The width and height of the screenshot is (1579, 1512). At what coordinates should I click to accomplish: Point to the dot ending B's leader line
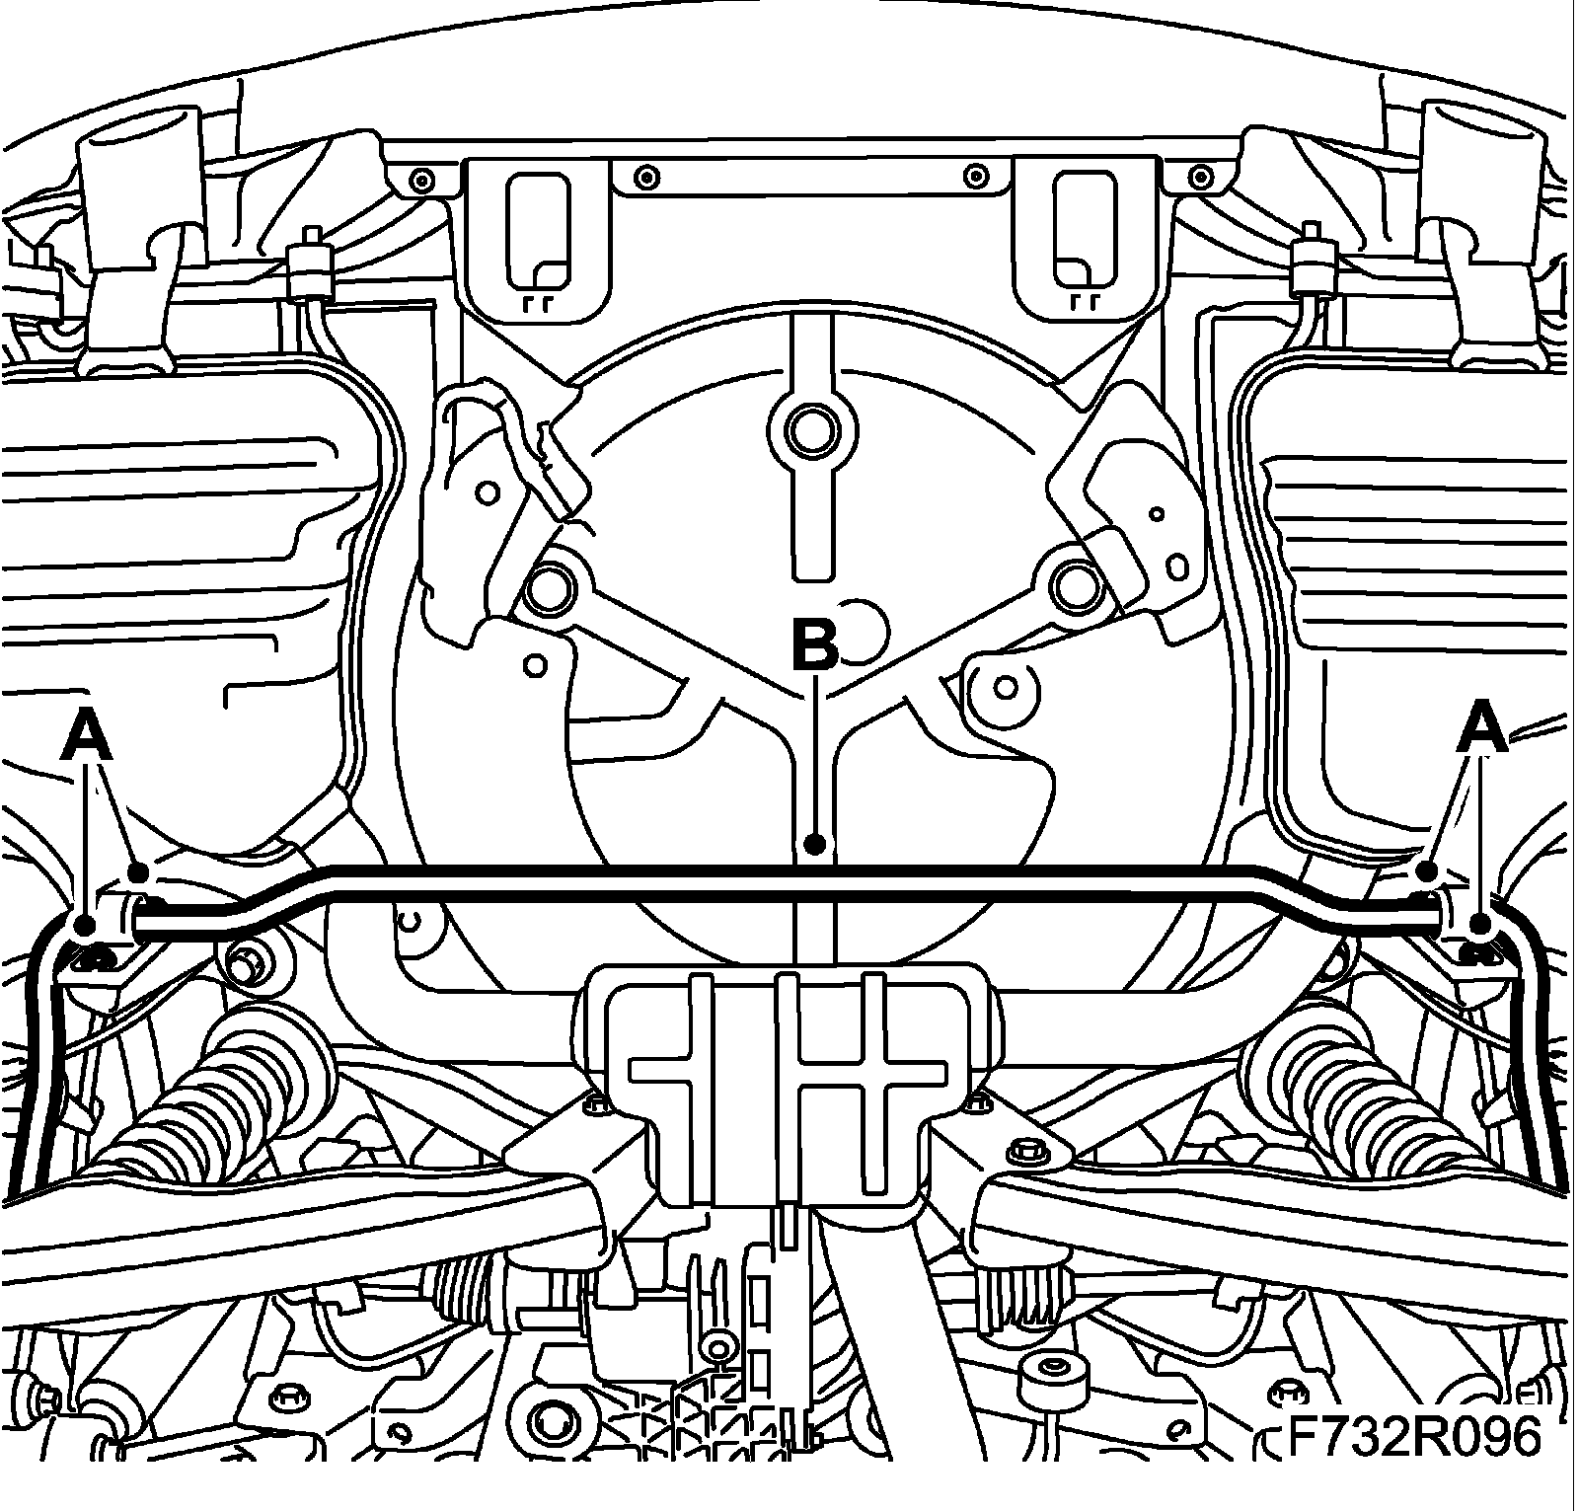click(814, 844)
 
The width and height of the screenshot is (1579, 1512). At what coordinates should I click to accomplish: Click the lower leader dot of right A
click(1479, 924)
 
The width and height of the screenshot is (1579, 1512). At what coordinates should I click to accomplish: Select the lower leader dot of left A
click(85, 925)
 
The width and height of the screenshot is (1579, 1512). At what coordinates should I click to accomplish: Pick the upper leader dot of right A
click(1426, 871)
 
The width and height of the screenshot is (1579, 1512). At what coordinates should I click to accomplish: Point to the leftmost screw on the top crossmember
click(422, 181)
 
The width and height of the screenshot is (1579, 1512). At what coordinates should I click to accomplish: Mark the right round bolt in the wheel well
click(1073, 586)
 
